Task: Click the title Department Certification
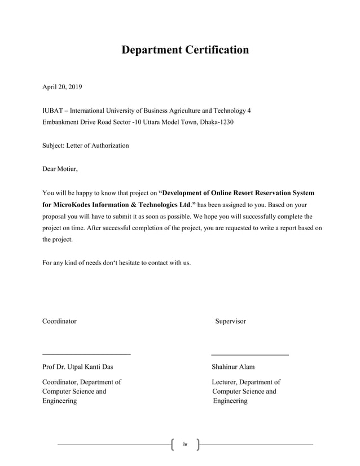(x=185, y=50)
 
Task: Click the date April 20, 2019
(x=62, y=87)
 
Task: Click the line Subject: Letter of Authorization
(x=86, y=146)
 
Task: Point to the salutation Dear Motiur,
(x=60, y=169)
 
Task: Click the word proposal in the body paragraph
(x=58, y=216)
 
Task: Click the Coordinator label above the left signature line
(x=59, y=321)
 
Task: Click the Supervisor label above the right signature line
(x=230, y=321)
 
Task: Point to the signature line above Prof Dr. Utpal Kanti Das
(x=86, y=354)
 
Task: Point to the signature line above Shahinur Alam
(x=250, y=355)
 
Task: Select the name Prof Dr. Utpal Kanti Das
(x=77, y=367)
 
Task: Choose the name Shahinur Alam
(x=233, y=367)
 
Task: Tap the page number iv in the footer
(x=185, y=445)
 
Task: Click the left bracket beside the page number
(x=172, y=445)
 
